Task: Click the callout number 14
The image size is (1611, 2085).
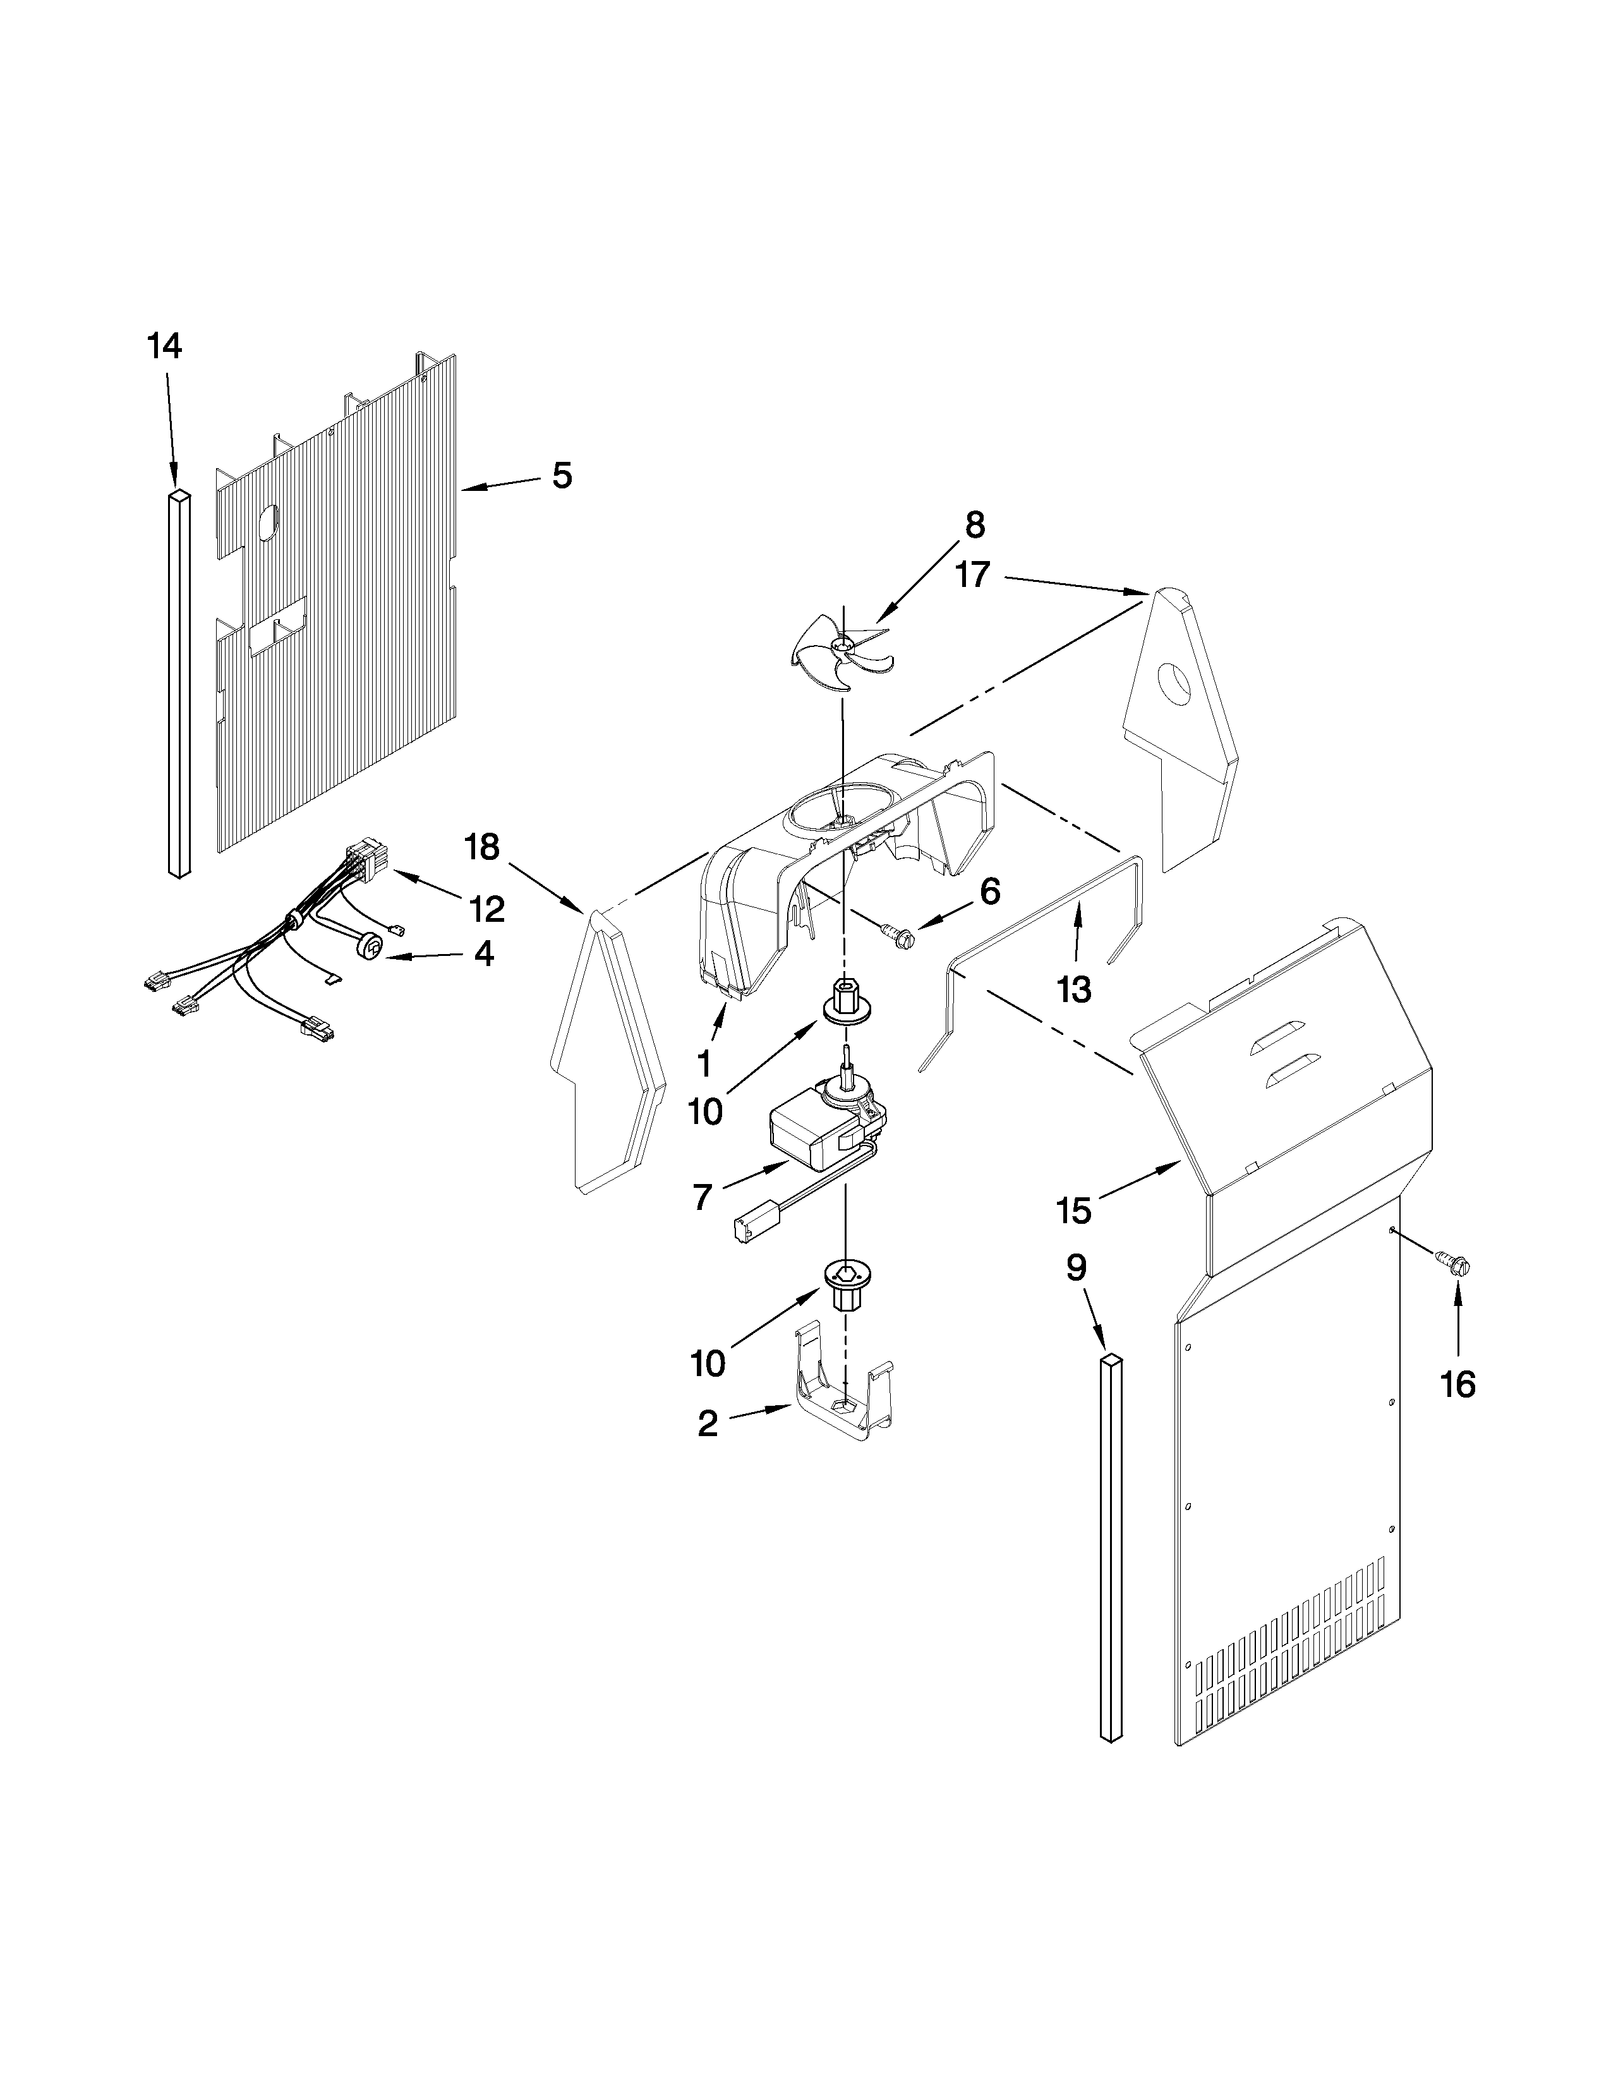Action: click(164, 346)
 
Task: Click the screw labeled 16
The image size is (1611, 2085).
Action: click(1454, 1262)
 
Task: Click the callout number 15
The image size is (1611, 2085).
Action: click(1073, 1211)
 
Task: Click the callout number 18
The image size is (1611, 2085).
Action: click(483, 846)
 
